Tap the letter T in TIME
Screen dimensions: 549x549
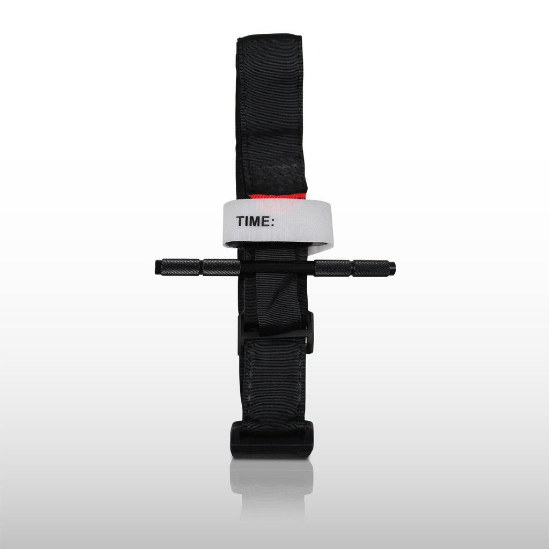(240, 221)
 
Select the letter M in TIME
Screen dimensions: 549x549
(254, 221)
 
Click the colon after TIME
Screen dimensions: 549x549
(272, 222)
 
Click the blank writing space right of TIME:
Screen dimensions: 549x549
(301, 221)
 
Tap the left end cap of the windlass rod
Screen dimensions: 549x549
(158, 268)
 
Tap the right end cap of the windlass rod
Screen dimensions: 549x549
(392, 268)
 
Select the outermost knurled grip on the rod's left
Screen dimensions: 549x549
(181, 267)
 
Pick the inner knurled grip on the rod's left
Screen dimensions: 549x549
(221, 268)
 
